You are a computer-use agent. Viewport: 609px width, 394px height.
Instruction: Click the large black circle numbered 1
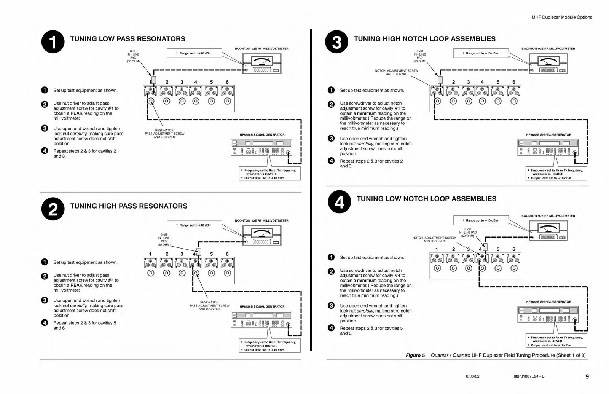[x=53, y=41]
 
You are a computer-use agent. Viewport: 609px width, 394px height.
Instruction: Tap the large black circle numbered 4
[x=339, y=202]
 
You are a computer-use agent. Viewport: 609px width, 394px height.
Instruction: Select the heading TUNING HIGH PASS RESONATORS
[x=129, y=206]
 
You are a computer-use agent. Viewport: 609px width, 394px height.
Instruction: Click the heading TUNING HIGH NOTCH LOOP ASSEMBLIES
[x=424, y=39]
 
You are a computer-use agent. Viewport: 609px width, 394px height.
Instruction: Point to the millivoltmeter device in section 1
[x=261, y=63]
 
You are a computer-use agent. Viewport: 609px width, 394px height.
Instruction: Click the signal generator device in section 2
[x=261, y=319]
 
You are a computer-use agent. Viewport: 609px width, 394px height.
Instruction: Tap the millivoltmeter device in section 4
[x=548, y=231]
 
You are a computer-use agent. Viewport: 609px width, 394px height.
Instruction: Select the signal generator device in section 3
[x=548, y=147]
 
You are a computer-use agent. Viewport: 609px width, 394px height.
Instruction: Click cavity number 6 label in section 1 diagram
[x=227, y=82]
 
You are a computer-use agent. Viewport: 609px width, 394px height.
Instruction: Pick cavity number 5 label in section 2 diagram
[x=211, y=254]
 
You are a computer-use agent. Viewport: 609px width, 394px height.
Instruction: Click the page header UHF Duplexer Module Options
[x=562, y=17]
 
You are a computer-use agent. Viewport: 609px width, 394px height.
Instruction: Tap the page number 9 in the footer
[x=587, y=376]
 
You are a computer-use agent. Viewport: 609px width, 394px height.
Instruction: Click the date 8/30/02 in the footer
[x=473, y=376]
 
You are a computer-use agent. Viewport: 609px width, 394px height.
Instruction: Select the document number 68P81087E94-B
[x=529, y=376]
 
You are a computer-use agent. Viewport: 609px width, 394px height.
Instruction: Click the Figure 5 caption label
[x=416, y=355]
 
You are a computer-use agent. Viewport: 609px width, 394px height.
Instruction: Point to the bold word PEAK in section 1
[x=76, y=113]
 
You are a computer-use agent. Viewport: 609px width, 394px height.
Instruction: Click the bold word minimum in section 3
[x=367, y=113]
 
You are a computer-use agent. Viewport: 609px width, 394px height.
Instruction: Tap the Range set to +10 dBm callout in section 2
[x=194, y=225]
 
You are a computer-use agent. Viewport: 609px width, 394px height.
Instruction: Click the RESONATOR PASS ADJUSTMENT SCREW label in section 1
[x=164, y=134]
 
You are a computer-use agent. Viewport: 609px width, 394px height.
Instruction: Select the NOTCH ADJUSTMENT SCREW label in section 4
[x=434, y=239]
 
